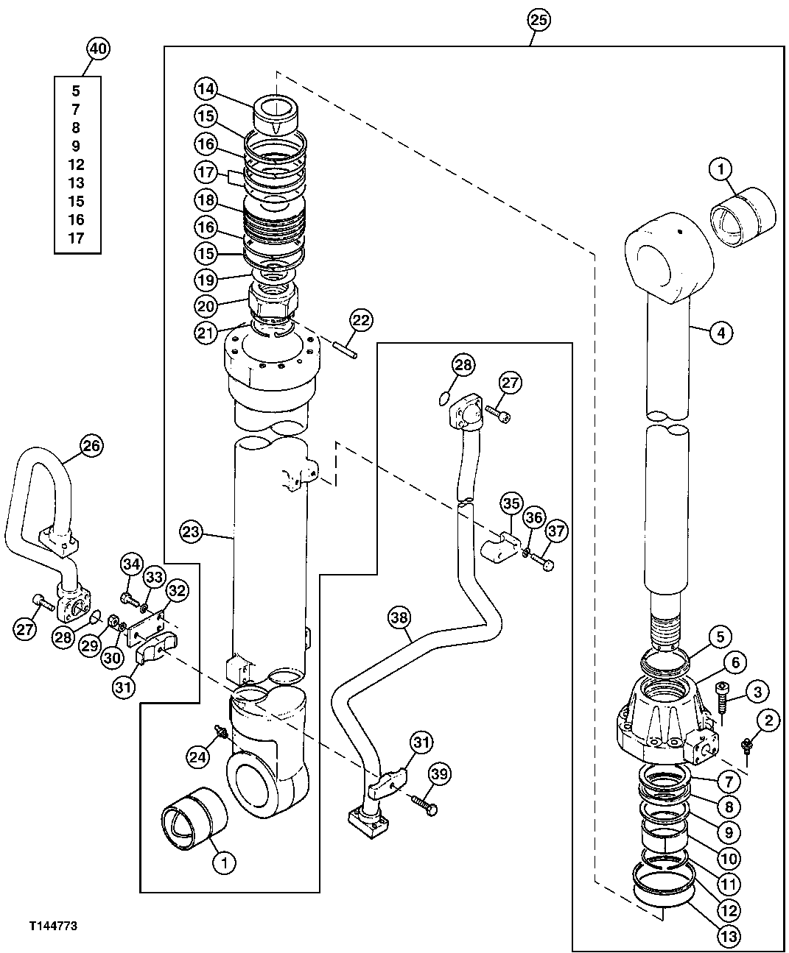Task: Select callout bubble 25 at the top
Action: point(539,21)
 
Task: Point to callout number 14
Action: point(206,89)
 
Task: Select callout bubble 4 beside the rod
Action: point(720,333)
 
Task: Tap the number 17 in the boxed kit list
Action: point(76,238)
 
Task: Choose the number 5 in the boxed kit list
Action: point(76,91)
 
